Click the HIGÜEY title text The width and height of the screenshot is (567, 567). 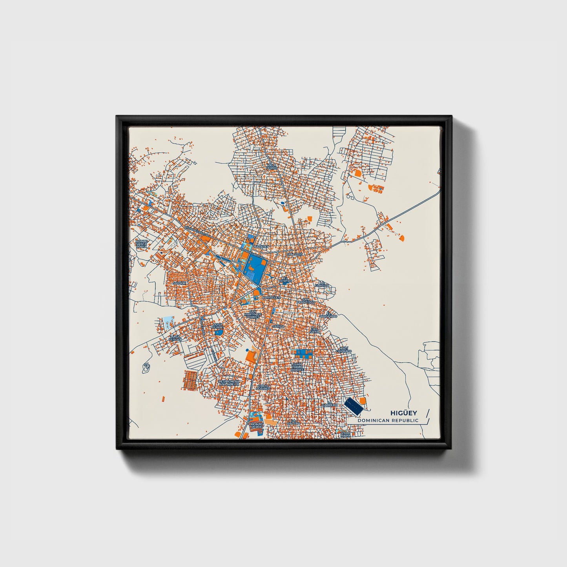click(403, 413)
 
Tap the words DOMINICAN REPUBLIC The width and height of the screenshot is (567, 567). click(388, 421)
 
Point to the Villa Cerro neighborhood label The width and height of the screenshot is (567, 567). click(271, 167)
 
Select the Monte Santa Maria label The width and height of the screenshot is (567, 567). click(141, 244)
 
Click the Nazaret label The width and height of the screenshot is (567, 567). click(260, 247)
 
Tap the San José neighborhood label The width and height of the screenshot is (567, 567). click(295, 254)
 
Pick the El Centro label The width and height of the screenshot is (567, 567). click(285, 280)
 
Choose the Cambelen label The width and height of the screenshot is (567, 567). click(272, 297)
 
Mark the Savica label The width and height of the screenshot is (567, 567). click(278, 326)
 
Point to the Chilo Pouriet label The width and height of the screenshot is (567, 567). click(263, 387)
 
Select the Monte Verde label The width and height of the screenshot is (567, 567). click(257, 426)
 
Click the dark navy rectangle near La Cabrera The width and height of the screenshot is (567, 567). click(353, 406)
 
